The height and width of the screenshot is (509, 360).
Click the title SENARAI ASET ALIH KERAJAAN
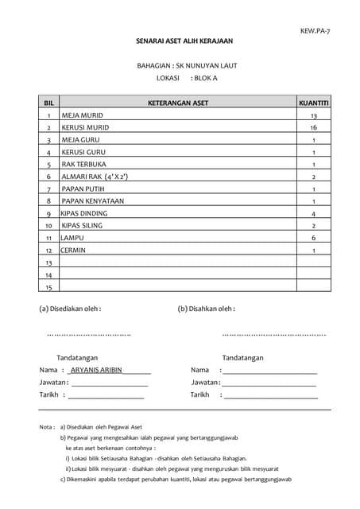(x=184, y=41)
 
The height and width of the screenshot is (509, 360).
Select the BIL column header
(x=48, y=103)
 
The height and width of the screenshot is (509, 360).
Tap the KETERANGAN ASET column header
(x=178, y=103)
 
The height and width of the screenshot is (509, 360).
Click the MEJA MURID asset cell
(x=82, y=115)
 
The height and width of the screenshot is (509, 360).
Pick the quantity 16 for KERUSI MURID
(x=314, y=127)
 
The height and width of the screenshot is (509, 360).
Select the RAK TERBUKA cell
(x=84, y=164)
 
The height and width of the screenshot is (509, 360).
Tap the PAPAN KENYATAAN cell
(x=93, y=201)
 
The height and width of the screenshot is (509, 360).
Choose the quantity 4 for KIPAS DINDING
(x=314, y=214)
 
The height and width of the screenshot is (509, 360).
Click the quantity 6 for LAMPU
(x=314, y=238)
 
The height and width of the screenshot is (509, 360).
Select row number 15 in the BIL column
(x=48, y=287)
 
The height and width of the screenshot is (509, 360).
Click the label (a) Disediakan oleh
(x=70, y=309)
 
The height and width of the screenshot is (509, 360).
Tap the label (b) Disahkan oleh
(x=206, y=309)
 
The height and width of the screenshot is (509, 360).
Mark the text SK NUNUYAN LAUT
(x=209, y=65)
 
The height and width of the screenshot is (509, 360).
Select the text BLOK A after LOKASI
(x=205, y=78)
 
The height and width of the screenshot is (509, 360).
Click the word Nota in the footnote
(x=47, y=427)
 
